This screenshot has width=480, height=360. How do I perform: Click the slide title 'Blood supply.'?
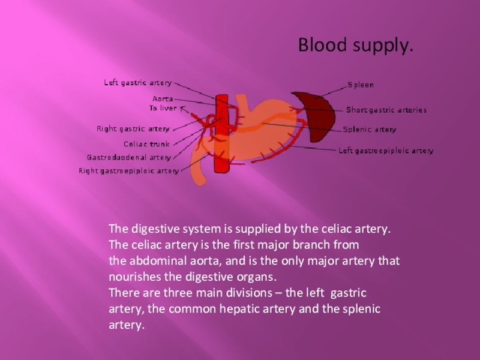point(356,46)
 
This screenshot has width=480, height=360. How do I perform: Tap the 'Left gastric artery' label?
point(138,83)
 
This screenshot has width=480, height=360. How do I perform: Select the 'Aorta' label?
point(163,98)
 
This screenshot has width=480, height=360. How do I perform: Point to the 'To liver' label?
point(163,108)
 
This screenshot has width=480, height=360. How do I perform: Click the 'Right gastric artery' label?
point(133,128)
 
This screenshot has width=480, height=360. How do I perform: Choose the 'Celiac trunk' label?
point(146,144)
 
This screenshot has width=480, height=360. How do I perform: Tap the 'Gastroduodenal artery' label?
point(129,158)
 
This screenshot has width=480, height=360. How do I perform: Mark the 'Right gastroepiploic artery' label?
point(129,171)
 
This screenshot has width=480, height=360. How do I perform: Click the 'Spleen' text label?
point(361,85)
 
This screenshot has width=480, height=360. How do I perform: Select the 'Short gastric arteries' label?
point(386,110)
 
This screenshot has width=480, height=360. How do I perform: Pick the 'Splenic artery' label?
point(370,130)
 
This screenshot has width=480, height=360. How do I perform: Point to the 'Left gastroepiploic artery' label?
point(386,151)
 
